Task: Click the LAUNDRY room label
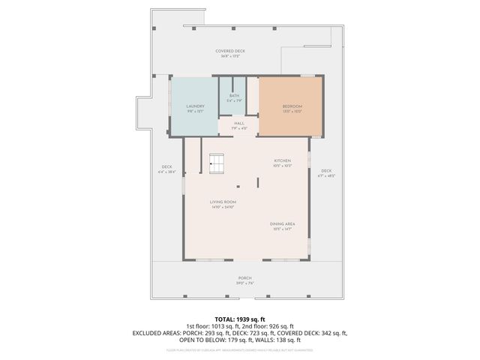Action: (195, 106)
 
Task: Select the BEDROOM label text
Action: (292, 106)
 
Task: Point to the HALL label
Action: (239, 124)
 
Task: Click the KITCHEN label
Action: (282, 162)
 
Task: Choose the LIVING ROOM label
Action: (223, 202)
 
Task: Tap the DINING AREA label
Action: (281, 224)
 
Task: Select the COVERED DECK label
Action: (230, 51)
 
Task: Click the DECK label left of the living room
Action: (166, 167)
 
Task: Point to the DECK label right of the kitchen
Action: (326, 171)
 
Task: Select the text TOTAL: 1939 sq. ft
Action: (239, 319)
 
